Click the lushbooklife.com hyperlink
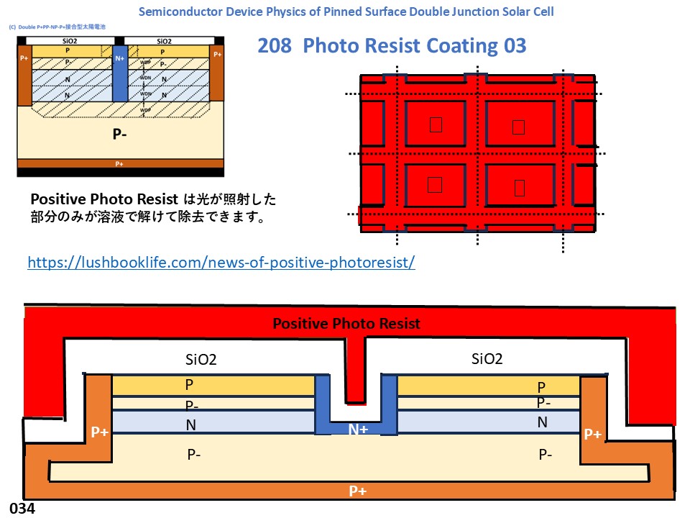221,262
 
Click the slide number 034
22,508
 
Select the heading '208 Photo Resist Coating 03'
392,46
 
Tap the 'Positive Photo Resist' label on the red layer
346,324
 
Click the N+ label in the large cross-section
357,430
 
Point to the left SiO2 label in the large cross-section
201,359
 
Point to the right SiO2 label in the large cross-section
487,359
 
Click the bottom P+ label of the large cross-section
357,491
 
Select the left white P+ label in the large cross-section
99,432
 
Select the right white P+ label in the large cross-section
592,434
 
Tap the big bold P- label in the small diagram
119,135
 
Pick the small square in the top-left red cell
436,125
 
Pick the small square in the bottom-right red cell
520,187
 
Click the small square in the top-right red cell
519,127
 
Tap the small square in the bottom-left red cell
434,185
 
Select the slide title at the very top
345,12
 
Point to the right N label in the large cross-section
543,422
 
